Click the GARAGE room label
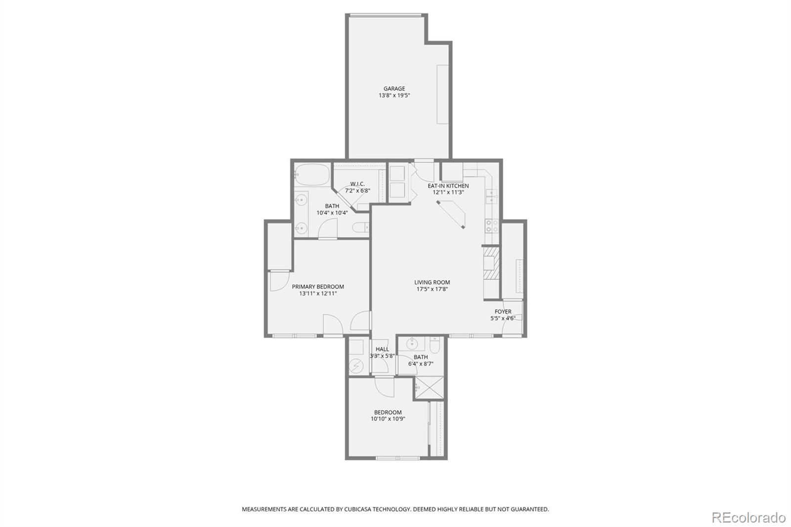(394, 89)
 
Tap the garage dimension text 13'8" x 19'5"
(394, 95)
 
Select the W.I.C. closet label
(357, 184)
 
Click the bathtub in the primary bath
(311, 175)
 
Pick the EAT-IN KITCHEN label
(448, 186)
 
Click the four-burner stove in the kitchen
(491, 226)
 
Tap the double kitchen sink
(491, 197)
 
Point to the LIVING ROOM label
(432, 282)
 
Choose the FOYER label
(503, 311)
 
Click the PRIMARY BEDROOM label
(317, 287)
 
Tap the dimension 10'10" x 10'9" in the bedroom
(388, 419)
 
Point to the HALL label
(382, 349)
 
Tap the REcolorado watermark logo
(748, 518)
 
